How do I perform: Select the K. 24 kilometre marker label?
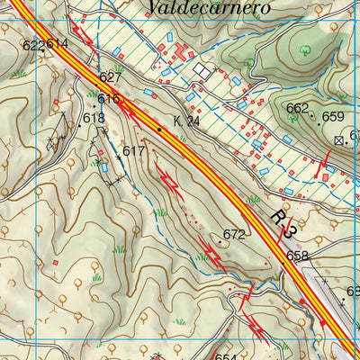[187, 120]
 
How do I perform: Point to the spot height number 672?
[234, 235]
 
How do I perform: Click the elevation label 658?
[297, 256]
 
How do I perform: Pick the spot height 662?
[297, 109]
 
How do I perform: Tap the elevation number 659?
[333, 117]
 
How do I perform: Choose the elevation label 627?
[110, 77]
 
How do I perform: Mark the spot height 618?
[94, 118]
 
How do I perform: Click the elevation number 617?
[134, 150]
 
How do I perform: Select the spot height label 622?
[32, 45]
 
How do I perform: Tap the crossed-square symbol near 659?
[339, 140]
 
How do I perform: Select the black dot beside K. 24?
[159, 130]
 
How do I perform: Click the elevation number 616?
[109, 99]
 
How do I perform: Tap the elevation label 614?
[58, 44]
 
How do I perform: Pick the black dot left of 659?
[313, 115]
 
